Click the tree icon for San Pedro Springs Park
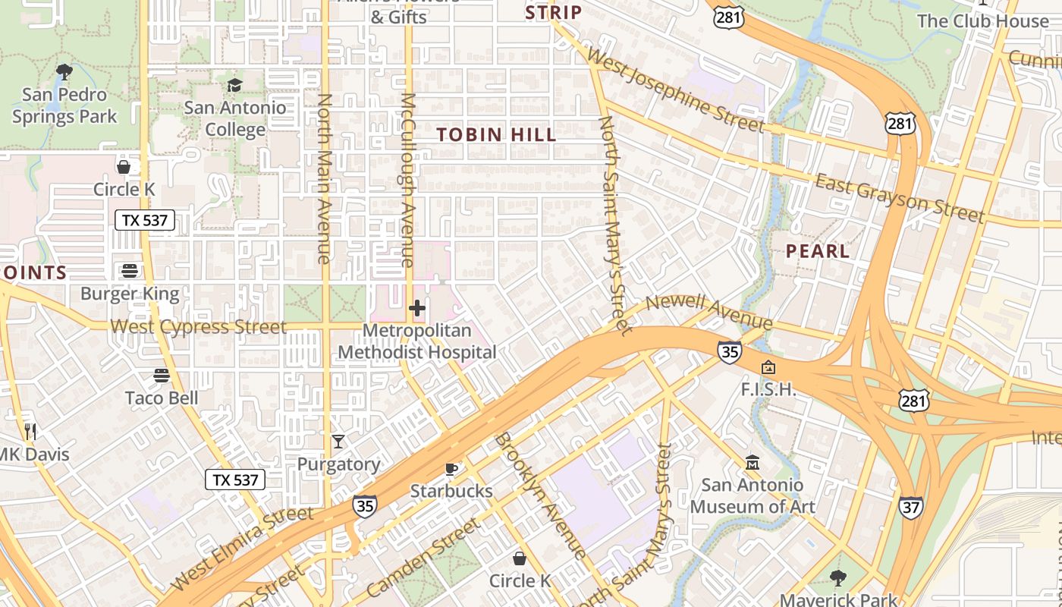(64, 72)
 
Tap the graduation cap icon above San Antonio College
(234, 85)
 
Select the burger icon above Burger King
(130, 271)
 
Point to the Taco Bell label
(162, 398)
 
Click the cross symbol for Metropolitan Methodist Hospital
(416, 308)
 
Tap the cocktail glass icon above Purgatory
(338, 441)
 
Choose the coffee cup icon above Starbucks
(451, 469)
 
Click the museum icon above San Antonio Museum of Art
(753, 462)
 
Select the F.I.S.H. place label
(768, 390)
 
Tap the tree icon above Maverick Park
(838, 578)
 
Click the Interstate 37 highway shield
(911, 508)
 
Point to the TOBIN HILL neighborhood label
(496, 135)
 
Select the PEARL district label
(818, 251)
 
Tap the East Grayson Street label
(900, 197)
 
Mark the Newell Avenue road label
(709, 311)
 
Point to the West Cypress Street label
(198, 327)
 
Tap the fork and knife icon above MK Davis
(30, 432)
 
